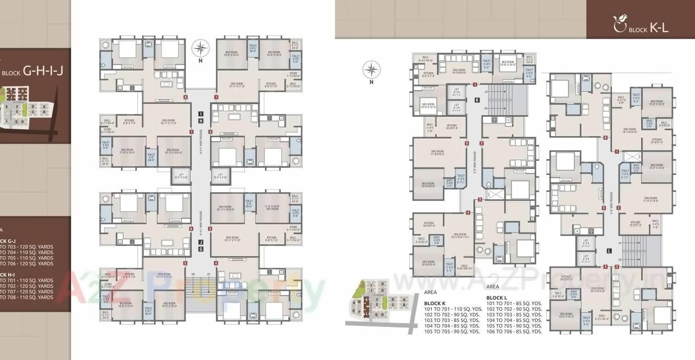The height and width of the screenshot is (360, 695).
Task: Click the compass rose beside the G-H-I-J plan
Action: tap(201, 48)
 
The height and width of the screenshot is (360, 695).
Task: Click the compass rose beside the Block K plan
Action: tap(372, 70)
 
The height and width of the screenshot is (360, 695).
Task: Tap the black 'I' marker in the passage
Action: tap(201, 112)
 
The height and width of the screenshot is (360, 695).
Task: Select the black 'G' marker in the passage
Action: tap(201, 249)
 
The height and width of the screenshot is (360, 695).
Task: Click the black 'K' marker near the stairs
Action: tap(477, 100)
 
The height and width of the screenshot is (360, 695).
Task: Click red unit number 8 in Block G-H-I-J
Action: tap(186, 97)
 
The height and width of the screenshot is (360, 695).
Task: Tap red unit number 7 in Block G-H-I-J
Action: tap(191, 131)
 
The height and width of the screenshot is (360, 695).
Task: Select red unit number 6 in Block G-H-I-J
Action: tap(191, 229)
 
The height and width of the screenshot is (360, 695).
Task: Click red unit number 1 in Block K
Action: tap(475, 84)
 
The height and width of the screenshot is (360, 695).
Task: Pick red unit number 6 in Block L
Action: tap(605, 138)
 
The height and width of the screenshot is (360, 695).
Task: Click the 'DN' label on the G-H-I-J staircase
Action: tap(193, 274)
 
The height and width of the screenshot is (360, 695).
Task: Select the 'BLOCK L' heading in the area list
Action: tap(497, 298)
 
